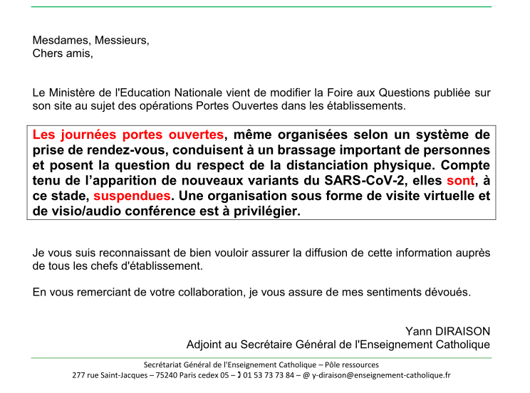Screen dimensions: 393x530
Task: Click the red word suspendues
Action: point(132,196)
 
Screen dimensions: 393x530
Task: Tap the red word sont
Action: point(460,181)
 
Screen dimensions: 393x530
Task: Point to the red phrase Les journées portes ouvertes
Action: point(128,135)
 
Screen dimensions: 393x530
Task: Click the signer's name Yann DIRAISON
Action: point(447,331)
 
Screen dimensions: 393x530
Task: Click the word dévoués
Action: point(447,292)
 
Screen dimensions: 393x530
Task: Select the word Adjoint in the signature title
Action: point(206,345)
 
